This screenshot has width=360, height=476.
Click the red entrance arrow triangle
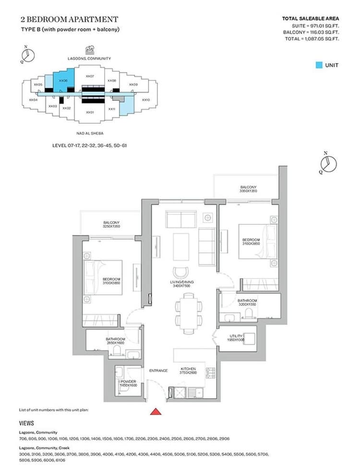156,411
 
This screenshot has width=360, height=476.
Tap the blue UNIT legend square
319,65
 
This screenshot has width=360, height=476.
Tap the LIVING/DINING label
182,284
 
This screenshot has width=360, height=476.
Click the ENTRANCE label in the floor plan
158,370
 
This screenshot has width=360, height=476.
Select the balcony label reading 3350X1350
248,189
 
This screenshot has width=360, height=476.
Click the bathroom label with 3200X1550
247,303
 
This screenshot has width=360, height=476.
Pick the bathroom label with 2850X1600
115,341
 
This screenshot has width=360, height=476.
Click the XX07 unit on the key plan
89,76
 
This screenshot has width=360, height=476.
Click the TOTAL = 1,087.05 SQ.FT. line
312,38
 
